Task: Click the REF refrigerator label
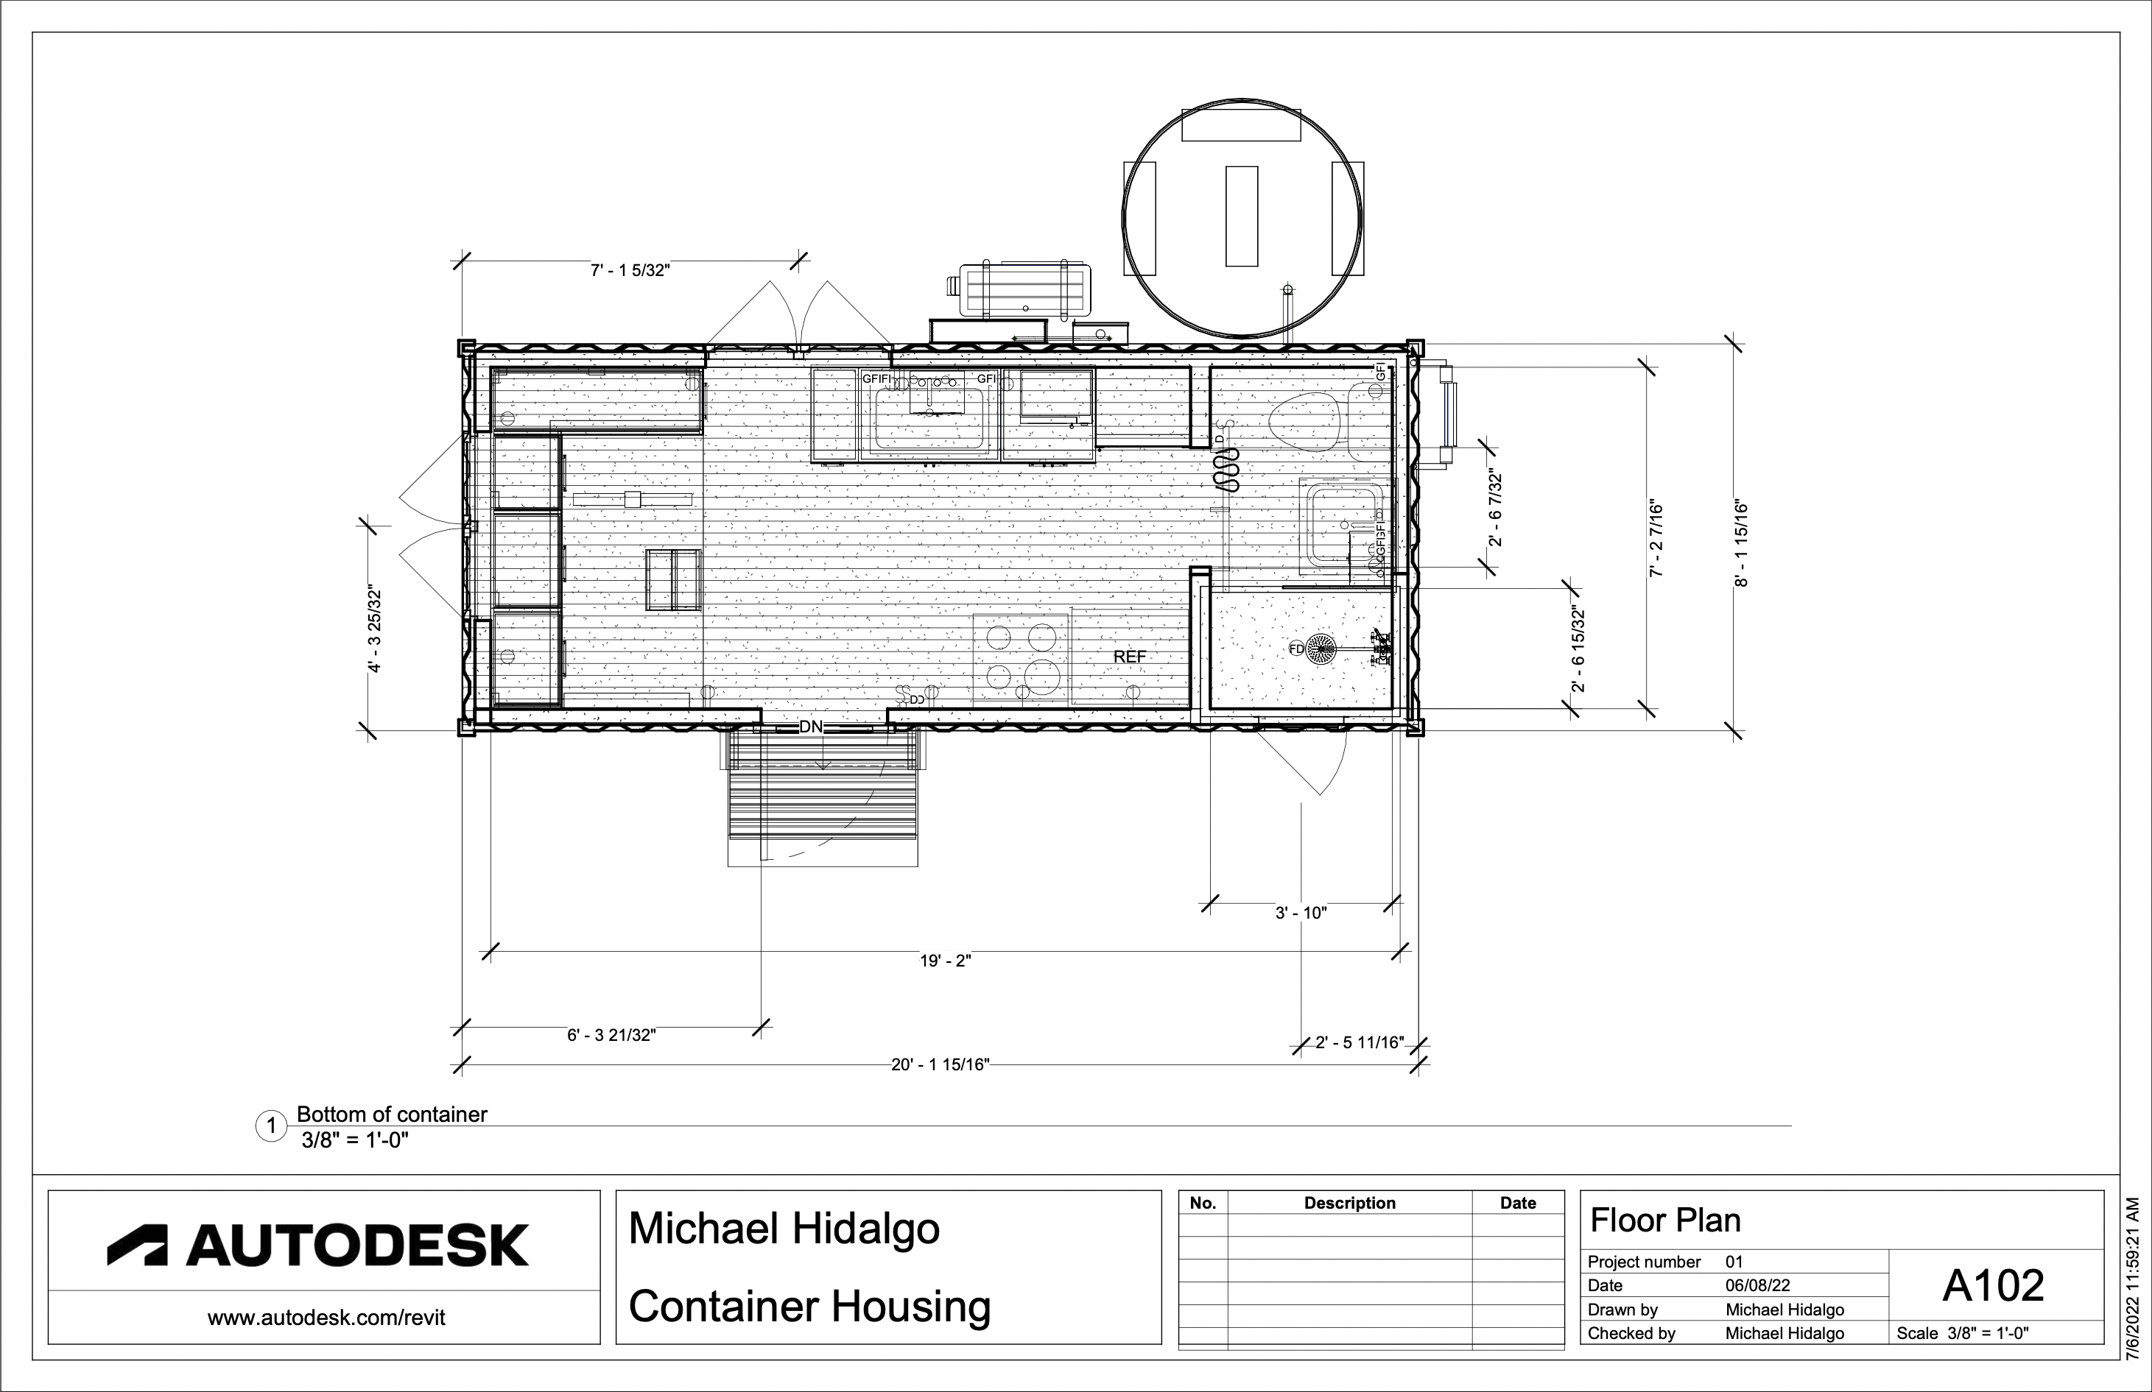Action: tap(1129, 657)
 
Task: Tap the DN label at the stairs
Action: tap(811, 727)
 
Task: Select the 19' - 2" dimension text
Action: tap(945, 961)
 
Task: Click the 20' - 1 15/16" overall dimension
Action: tap(940, 1064)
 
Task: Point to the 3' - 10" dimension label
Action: tap(1300, 913)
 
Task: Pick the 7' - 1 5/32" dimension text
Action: tap(630, 270)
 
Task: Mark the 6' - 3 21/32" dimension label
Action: tap(611, 1035)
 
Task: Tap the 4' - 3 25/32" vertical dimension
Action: tap(374, 630)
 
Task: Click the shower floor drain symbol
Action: tap(1322, 649)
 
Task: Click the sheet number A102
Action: tap(1993, 1285)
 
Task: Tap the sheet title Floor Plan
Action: tap(1664, 1220)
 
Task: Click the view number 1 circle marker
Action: tap(271, 1126)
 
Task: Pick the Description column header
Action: tap(1349, 1203)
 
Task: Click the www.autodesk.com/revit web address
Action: tap(326, 1318)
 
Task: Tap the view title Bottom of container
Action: tap(392, 1114)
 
